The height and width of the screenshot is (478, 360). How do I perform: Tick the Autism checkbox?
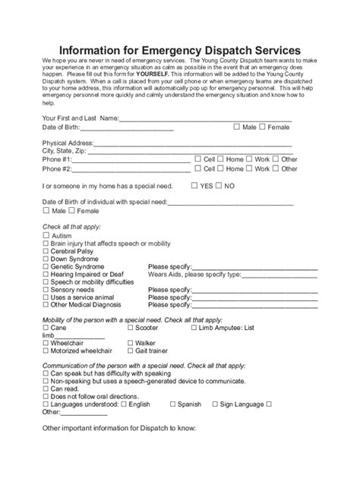pyautogui.click(x=46, y=237)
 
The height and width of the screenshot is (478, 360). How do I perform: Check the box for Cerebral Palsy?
pyautogui.click(x=46, y=251)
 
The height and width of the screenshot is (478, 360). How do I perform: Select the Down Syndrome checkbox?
pyautogui.click(x=46, y=259)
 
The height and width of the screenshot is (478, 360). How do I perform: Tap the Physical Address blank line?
pyautogui.click(x=193, y=143)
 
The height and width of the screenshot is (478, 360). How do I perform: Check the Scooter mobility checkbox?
pyautogui.click(x=131, y=328)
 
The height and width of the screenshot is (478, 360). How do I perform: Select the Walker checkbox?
pyautogui.click(x=131, y=343)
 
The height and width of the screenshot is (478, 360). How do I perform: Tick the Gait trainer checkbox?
pyautogui.click(x=131, y=351)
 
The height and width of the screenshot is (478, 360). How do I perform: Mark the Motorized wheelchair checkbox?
pyautogui.click(x=46, y=351)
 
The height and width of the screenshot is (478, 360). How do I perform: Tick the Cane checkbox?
pyautogui.click(x=46, y=328)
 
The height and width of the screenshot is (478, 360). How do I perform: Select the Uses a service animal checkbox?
pyautogui.click(x=46, y=297)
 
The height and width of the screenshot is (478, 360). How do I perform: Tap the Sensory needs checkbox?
pyautogui.click(x=46, y=290)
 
